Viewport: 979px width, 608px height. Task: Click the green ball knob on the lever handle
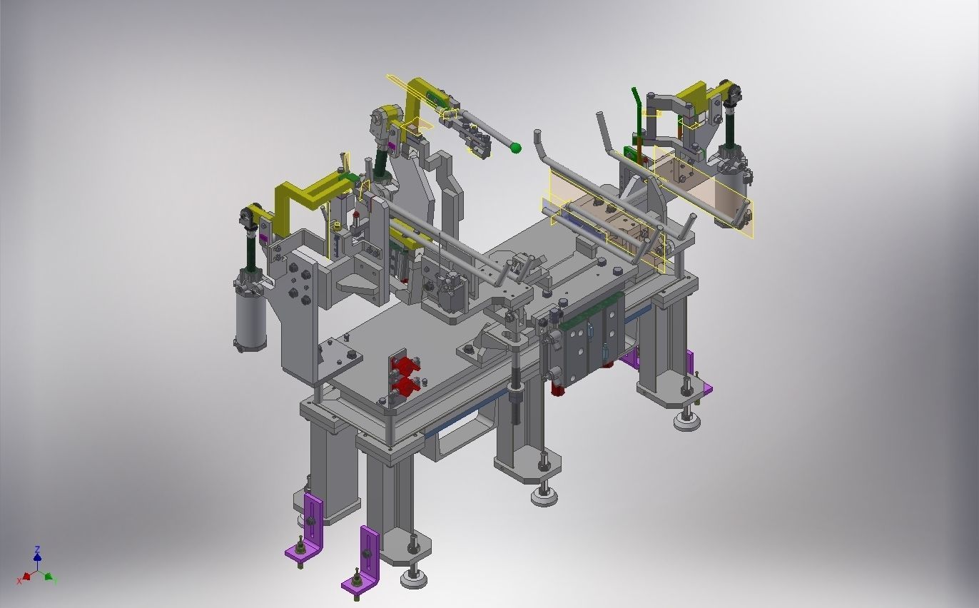click(515, 148)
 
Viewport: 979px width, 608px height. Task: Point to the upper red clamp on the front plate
click(405, 366)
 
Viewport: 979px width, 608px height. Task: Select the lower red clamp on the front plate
click(405, 387)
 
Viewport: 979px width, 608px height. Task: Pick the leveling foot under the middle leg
click(544, 495)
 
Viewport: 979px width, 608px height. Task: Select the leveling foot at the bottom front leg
click(414, 577)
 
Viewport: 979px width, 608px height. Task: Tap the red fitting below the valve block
click(558, 388)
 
